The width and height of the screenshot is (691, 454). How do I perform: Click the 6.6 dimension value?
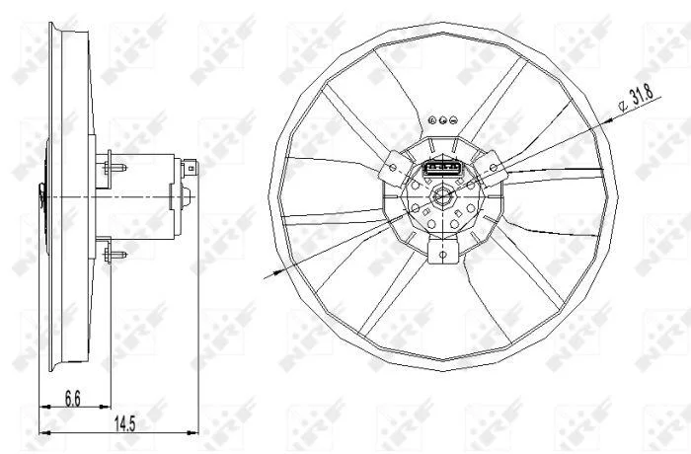tap(73, 399)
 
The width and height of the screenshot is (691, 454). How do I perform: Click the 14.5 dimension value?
tap(125, 424)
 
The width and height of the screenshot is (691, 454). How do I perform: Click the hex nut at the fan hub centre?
tap(441, 196)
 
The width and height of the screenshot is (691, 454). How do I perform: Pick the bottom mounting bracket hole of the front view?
tap(443, 255)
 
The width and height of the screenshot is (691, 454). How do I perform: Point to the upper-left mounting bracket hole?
tap(392, 168)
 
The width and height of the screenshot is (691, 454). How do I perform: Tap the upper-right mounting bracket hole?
tap(494, 167)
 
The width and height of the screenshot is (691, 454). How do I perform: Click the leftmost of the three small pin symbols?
tap(432, 119)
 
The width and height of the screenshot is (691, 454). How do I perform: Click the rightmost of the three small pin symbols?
tap(453, 119)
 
